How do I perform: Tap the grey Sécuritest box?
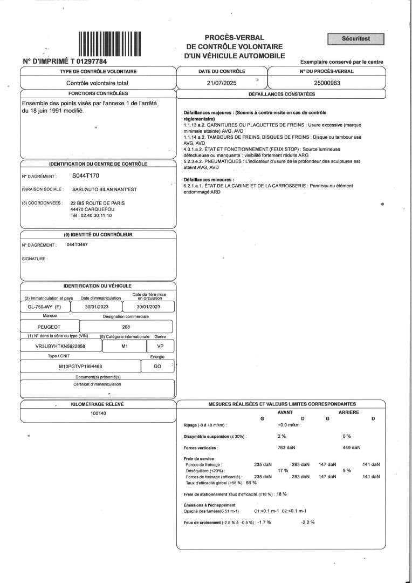pos(355,39)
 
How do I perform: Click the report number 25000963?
pos(327,83)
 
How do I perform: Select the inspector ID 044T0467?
pos(77,245)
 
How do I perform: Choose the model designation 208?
pos(126,327)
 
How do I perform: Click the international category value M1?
pos(125,346)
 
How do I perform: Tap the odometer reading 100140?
pos(98,413)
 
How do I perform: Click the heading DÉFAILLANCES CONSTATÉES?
pos(281,94)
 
